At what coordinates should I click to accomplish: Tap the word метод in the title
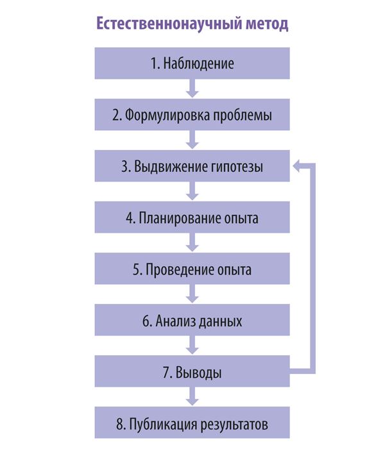click(267, 24)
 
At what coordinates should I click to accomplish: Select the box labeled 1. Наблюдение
click(192, 63)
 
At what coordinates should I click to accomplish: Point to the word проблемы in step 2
click(243, 115)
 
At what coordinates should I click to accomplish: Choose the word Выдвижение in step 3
click(171, 167)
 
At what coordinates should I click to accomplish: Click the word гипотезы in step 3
click(237, 167)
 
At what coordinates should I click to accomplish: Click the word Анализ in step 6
click(175, 321)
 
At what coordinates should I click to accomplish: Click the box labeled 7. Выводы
click(192, 371)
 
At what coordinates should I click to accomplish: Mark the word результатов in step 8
click(234, 425)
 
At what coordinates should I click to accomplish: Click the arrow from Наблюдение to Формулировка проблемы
click(193, 88)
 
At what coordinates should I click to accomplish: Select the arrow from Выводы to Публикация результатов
click(193, 396)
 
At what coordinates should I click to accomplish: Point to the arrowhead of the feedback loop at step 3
click(296, 166)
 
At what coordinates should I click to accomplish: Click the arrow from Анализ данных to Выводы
click(193, 345)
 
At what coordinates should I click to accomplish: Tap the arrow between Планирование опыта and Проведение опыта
click(193, 242)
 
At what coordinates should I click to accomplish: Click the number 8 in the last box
click(120, 425)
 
